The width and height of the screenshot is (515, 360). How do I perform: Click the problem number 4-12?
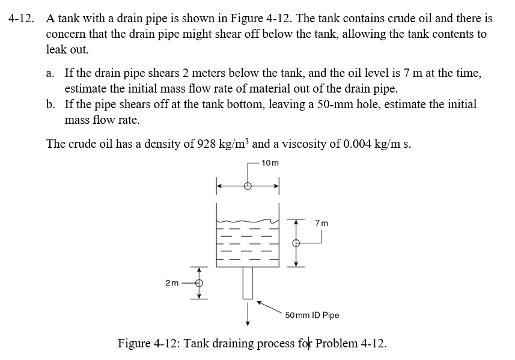[21, 19]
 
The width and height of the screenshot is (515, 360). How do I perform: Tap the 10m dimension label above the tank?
[270, 162]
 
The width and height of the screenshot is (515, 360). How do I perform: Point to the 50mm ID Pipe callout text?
[312, 315]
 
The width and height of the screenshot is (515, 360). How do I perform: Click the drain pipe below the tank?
[248, 282]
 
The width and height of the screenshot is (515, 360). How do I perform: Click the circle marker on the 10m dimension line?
[248, 186]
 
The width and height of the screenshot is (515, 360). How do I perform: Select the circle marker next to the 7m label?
[295, 243]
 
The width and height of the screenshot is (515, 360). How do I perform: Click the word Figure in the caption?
[135, 344]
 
